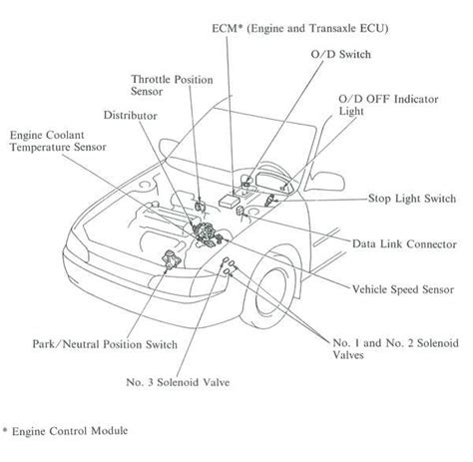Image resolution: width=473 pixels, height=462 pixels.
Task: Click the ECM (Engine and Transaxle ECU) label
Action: (300, 29)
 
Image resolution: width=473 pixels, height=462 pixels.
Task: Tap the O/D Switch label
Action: (341, 54)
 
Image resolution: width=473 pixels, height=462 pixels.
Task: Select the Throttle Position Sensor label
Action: (172, 85)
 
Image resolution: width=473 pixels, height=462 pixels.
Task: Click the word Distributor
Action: (130, 116)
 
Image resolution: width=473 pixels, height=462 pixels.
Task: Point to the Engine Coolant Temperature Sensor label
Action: (58, 141)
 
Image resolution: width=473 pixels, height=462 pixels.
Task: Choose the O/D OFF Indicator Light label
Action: (388, 105)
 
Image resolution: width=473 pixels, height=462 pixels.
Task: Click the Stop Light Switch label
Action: (412, 199)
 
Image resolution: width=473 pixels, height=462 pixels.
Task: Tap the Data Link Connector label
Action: (404, 244)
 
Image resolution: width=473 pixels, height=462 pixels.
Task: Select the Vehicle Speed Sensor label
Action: (403, 289)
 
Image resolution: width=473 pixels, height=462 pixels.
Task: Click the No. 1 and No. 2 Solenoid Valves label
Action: (396, 349)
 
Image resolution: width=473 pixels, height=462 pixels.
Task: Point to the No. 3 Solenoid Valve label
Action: (178, 382)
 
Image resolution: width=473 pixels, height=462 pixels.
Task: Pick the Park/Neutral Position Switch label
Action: (105, 344)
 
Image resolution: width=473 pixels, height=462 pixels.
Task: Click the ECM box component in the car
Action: (229, 201)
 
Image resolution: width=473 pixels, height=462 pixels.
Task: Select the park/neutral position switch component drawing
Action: (171, 259)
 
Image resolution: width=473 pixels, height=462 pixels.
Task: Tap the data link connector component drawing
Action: (239, 212)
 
